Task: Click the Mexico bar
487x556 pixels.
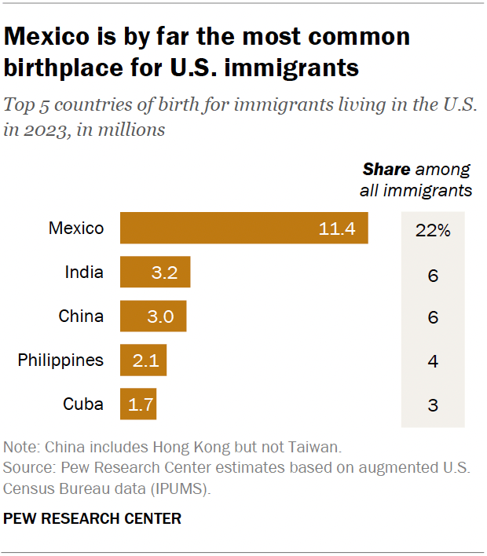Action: (x=243, y=229)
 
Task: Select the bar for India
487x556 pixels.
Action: (x=155, y=273)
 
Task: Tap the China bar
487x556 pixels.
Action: (x=152, y=316)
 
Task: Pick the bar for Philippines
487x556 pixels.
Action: (x=143, y=360)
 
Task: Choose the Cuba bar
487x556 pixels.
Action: (x=137, y=404)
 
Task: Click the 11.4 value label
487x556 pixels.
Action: (x=338, y=229)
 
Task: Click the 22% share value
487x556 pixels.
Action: (x=433, y=231)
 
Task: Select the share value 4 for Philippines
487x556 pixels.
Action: (x=433, y=363)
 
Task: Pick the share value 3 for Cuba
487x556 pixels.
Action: (x=433, y=406)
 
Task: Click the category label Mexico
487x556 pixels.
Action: (x=76, y=229)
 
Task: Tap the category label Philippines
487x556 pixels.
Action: (x=60, y=360)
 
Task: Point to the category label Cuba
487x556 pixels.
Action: (x=83, y=404)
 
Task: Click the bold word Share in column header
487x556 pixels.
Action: (x=386, y=170)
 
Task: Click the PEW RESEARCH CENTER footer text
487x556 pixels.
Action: (x=93, y=518)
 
